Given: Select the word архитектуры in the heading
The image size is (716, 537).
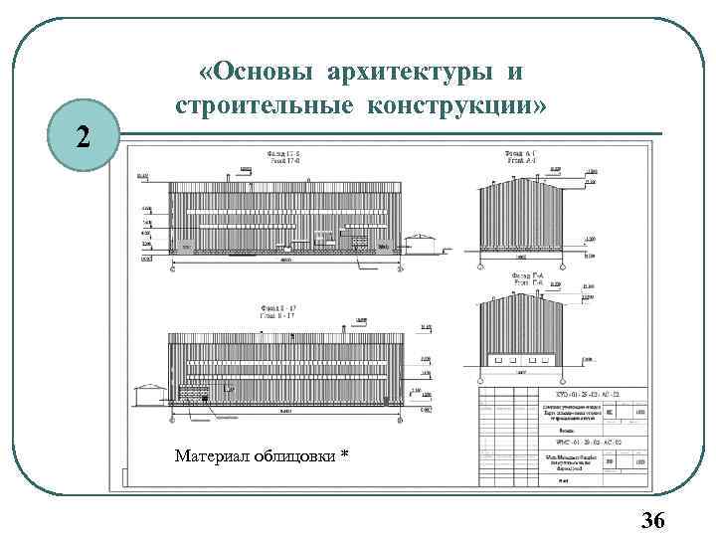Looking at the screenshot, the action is coord(402,73).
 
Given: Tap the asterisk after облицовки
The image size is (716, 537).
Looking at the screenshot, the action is coord(344,454).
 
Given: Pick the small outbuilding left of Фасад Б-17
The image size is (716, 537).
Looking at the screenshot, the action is coord(150,395).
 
